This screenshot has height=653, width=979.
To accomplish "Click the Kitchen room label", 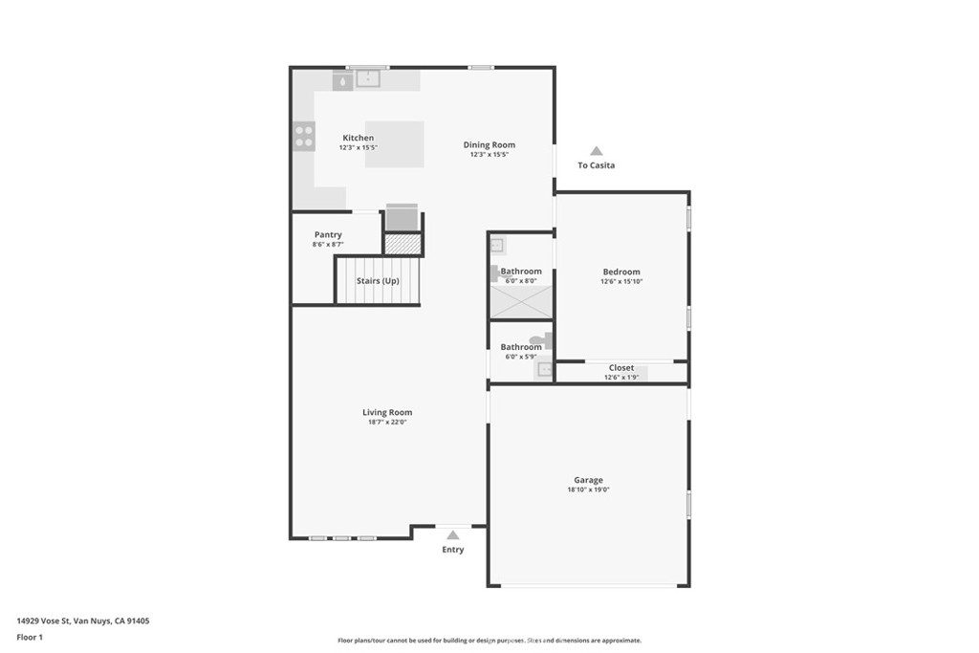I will click(x=358, y=138).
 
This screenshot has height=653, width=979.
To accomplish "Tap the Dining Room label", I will click(x=489, y=145).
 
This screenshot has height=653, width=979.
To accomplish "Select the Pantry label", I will click(x=328, y=235).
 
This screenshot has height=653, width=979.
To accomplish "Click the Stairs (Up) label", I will click(x=378, y=281).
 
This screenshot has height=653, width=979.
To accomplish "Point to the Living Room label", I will click(x=387, y=412).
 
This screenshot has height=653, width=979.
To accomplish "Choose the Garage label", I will click(x=588, y=480).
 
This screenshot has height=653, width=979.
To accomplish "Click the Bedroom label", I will click(x=620, y=272).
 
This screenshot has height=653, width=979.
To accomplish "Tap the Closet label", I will click(x=620, y=367).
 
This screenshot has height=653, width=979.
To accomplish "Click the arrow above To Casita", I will click(x=596, y=151).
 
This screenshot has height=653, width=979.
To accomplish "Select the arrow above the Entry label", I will click(x=452, y=534).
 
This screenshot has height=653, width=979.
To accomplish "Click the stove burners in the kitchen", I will click(x=304, y=137).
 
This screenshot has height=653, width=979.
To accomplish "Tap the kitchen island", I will click(x=394, y=144).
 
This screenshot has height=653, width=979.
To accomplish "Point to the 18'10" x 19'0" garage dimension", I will click(x=588, y=490).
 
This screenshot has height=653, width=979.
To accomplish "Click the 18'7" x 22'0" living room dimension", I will click(x=387, y=422).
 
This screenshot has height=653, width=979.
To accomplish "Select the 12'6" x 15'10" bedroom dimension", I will click(x=620, y=281).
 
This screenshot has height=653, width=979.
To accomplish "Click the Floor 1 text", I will click(x=30, y=637).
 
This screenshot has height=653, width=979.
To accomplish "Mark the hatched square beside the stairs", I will click(x=402, y=244).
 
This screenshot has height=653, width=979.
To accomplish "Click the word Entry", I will click(x=452, y=550).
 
